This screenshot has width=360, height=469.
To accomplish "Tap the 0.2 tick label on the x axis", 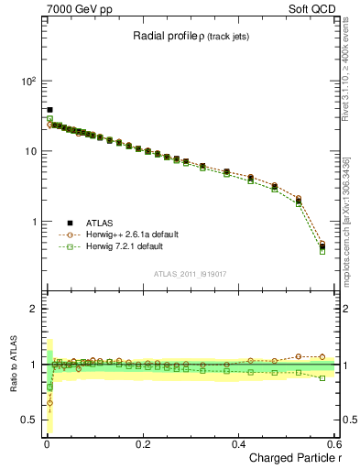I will click(x=142, y=443).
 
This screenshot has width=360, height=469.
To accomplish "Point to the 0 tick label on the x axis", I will click(x=46, y=443).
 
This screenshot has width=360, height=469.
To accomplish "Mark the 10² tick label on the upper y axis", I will click(x=28, y=81).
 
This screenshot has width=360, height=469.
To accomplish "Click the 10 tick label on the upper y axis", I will click(x=30, y=151).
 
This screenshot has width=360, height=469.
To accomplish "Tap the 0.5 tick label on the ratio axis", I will click(x=30, y=420).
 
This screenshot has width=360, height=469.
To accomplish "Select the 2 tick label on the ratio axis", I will click(x=36, y=309).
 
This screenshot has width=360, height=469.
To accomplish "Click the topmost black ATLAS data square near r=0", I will click(x=49, y=110).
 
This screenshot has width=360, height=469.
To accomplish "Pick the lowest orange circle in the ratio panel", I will click(x=49, y=402).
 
